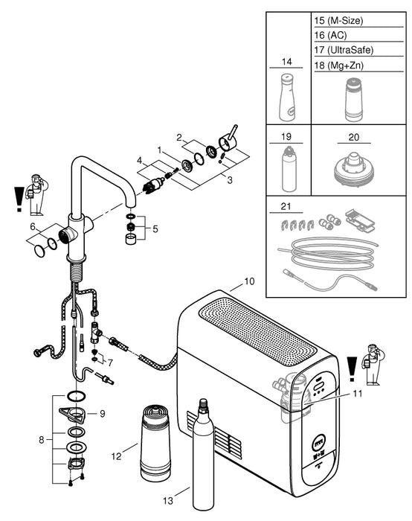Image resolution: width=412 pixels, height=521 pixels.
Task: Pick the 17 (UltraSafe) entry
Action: [344, 50]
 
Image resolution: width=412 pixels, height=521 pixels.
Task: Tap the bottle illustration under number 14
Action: [286, 98]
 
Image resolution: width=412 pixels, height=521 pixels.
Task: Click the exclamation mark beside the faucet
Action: [11, 199]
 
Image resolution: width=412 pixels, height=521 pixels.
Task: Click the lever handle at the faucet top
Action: [228, 139]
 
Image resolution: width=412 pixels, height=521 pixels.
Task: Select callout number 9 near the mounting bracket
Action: [114, 412]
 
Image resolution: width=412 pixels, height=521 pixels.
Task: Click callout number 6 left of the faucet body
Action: [33, 226]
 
